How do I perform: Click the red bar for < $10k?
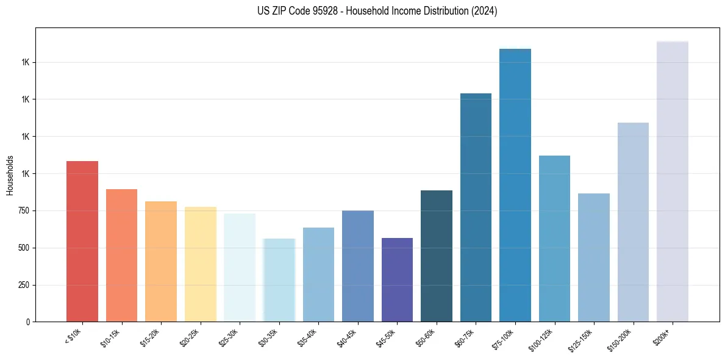pos(82,241)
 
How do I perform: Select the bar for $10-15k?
pos(121,255)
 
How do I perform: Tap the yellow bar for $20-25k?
pos(200,264)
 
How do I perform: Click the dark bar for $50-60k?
pos(437,256)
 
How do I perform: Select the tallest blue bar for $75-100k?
pos(515,185)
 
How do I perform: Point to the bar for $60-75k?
pos(476,207)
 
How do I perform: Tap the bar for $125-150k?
pos(594,257)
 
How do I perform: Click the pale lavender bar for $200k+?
pos(673,181)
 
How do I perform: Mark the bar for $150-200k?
pos(633,222)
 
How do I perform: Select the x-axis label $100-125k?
pos(542,339)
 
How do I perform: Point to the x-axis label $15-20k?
pos(150,337)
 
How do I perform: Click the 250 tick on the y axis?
pos(27,285)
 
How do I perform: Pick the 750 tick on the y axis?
pos(27,211)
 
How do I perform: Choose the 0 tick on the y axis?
pos(30,322)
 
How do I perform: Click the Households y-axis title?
pos(10,175)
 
